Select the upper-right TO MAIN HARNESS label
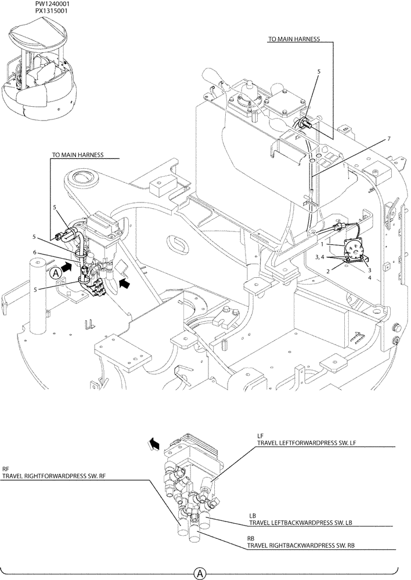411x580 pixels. (293, 39)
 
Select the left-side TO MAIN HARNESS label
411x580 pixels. (78, 155)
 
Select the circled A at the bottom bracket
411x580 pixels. (199, 573)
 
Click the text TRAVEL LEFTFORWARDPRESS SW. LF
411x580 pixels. (298, 443)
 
